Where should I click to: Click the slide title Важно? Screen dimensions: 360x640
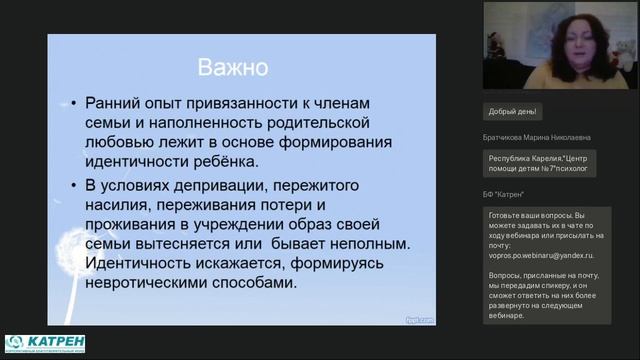point(231,69)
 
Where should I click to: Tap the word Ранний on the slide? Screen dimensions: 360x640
point(119,103)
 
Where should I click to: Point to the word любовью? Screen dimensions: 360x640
point(123,142)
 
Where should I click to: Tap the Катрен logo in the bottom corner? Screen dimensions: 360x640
point(44,343)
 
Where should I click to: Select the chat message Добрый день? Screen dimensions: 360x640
point(514,112)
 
